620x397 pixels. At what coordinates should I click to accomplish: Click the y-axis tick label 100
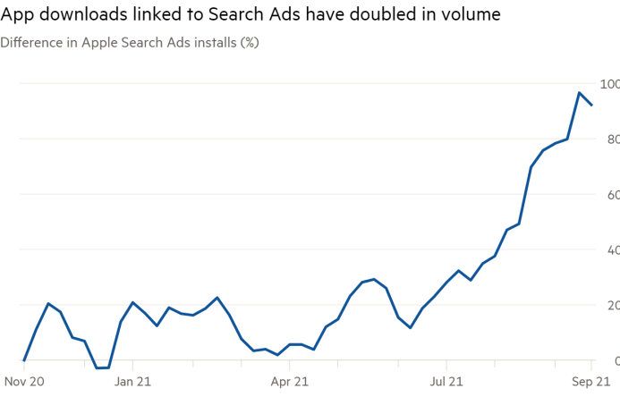(610, 83)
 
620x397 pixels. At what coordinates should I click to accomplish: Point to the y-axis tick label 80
(612, 139)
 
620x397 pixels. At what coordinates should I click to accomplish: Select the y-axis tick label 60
(612, 194)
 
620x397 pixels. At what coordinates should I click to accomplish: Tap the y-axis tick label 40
(612, 249)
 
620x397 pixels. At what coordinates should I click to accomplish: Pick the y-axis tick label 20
(612, 305)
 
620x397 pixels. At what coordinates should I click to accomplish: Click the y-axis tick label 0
(615, 360)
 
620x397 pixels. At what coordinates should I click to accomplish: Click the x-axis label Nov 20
(24, 380)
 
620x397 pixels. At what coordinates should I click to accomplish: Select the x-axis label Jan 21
(132, 380)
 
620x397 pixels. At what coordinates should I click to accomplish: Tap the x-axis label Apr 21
(290, 380)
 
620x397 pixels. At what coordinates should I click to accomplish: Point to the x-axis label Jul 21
(446, 380)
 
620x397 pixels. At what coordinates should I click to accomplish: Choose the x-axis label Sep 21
(590, 380)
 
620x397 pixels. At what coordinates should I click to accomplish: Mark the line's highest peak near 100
(580, 93)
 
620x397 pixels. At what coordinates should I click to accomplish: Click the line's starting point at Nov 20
(25, 359)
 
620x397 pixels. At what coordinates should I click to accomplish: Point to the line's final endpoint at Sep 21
(592, 106)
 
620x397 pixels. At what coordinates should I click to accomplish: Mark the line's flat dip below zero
(102, 367)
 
